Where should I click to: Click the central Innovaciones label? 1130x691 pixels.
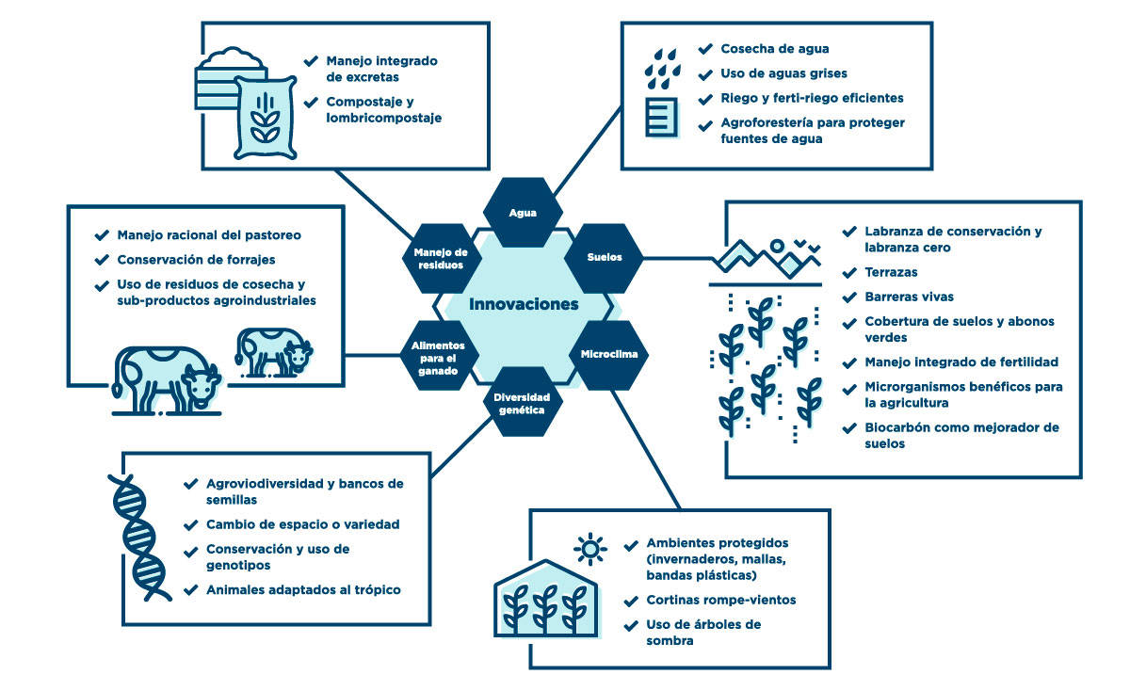click(x=524, y=304)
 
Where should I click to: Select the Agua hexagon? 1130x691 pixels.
click(x=523, y=213)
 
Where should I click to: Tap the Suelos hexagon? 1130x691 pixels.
click(x=605, y=257)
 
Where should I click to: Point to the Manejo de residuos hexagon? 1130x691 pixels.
click(x=440, y=258)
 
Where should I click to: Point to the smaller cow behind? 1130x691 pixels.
click(x=272, y=353)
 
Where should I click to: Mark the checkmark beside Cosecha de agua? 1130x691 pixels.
click(x=705, y=48)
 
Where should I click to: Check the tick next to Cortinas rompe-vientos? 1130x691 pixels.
click(x=630, y=600)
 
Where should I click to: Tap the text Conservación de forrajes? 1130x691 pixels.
click(x=195, y=260)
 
